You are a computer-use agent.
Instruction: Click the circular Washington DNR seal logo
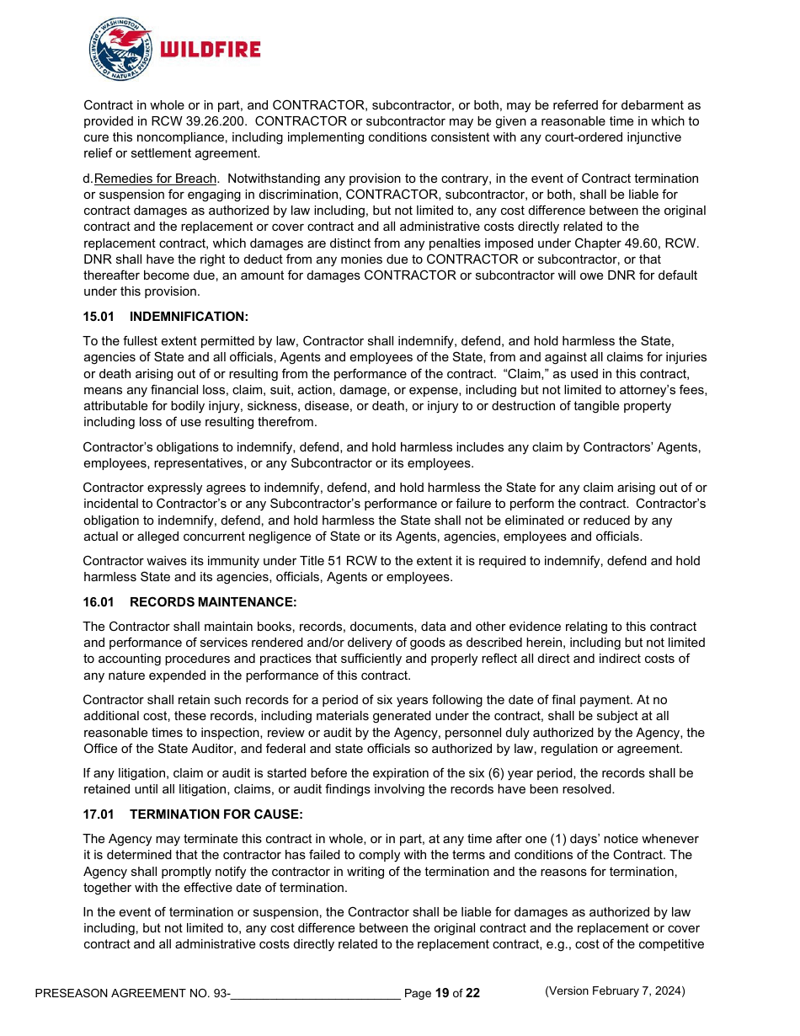click(x=120, y=50)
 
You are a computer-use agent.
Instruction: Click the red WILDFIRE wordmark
click(x=210, y=50)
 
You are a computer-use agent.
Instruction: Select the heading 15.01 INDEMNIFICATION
click(x=166, y=317)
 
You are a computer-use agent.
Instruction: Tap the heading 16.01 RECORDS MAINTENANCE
click(x=191, y=602)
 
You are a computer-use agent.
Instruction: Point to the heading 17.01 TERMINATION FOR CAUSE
click(x=193, y=814)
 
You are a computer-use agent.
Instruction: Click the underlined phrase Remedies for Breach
click(x=156, y=179)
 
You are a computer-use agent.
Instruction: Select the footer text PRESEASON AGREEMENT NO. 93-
click(x=132, y=993)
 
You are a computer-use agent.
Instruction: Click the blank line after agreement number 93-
click(x=315, y=993)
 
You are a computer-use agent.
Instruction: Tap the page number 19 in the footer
click(x=442, y=993)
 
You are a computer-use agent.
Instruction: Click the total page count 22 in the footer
click(x=472, y=993)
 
